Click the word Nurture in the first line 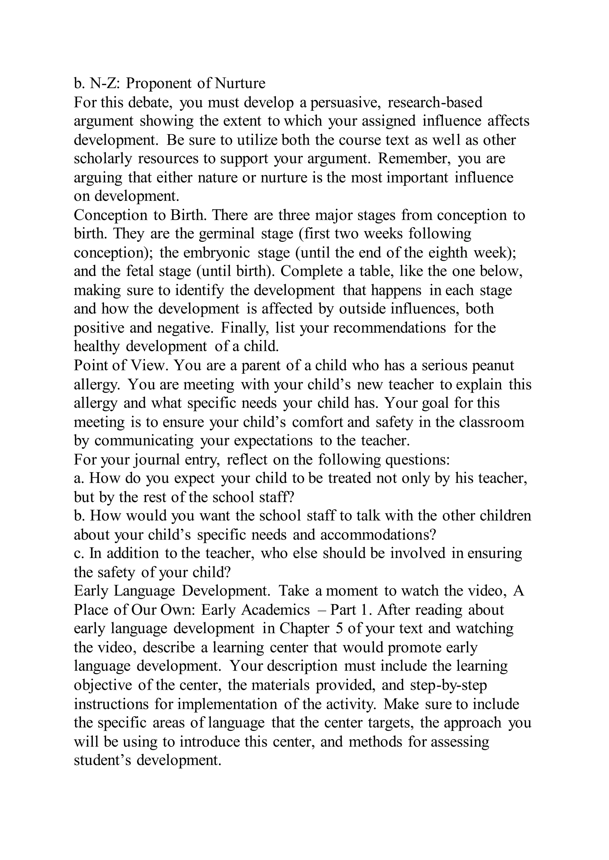[x=240, y=83]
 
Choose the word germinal [x=227, y=234]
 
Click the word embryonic [x=217, y=253]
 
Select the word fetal [x=140, y=271]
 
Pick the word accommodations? [x=378, y=535]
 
